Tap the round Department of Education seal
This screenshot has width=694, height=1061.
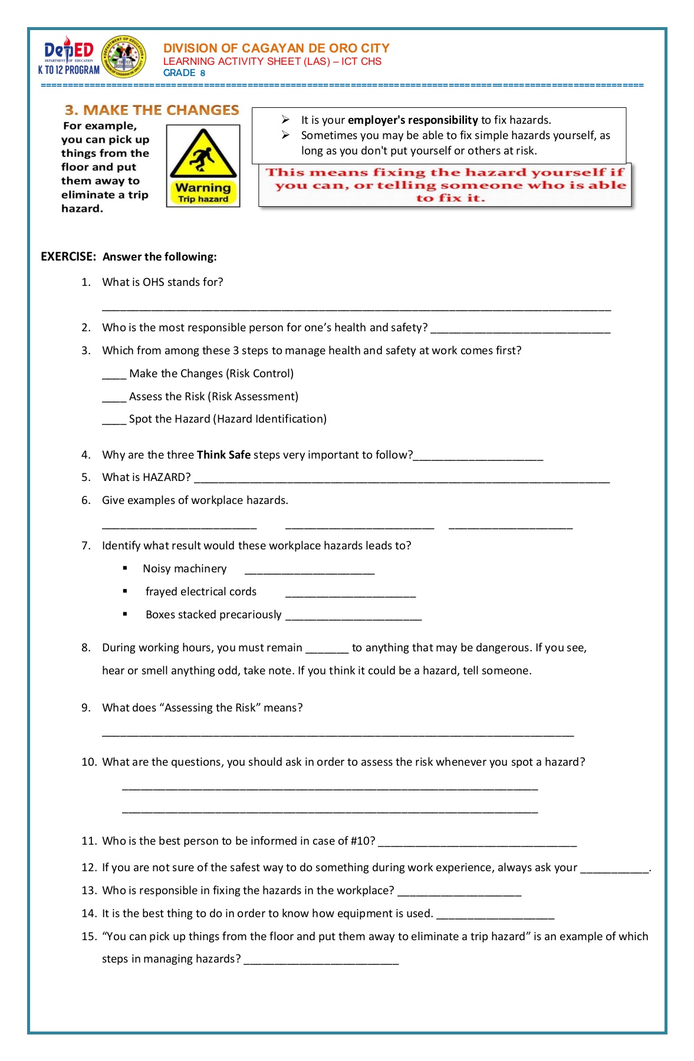coord(124,57)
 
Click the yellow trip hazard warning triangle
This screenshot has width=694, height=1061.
coord(203,154)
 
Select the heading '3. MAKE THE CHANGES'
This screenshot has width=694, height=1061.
coord(152,110)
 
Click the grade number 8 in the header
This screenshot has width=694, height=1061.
coord(202,73)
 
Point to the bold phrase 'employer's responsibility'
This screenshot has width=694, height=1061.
coord(413,120)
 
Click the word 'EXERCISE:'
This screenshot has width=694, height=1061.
coord(68,257)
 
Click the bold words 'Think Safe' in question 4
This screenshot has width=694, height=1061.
coord(223,455)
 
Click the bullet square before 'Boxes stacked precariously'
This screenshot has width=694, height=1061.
coord(125,614)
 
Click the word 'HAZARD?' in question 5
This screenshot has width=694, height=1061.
coord(167,477)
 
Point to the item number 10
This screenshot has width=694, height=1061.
coord(88,762)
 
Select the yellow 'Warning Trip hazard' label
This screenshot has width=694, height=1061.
coord(203,193)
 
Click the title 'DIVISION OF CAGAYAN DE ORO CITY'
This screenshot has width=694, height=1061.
coord(276,48)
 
